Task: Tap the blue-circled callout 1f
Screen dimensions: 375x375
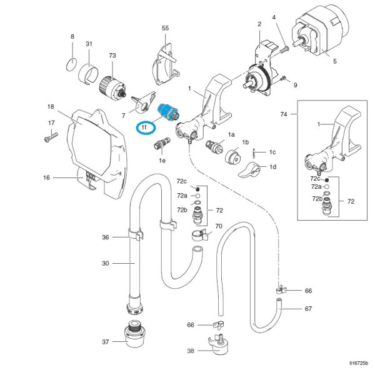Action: click(x=146, y=127)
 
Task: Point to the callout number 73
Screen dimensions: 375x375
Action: click(x=112, y=56)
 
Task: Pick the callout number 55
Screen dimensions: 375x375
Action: click(x=166, y=29)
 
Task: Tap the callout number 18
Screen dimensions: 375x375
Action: click(x=51, y=107)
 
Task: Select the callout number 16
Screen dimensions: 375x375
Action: click(x=46, y=178)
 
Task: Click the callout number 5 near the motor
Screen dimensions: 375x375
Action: click(x=335, y=61)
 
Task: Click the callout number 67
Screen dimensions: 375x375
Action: click(x=307, y=309)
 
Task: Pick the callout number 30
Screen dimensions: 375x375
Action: click(x=106, y=264)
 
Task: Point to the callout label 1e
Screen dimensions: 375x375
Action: click(x=162, y=161)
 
